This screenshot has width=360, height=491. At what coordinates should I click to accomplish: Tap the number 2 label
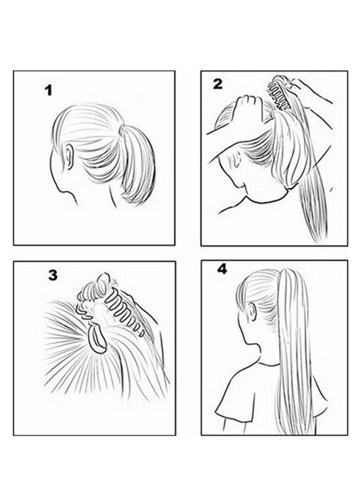point(218,83)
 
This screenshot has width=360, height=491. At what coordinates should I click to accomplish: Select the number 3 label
point(52,275)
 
